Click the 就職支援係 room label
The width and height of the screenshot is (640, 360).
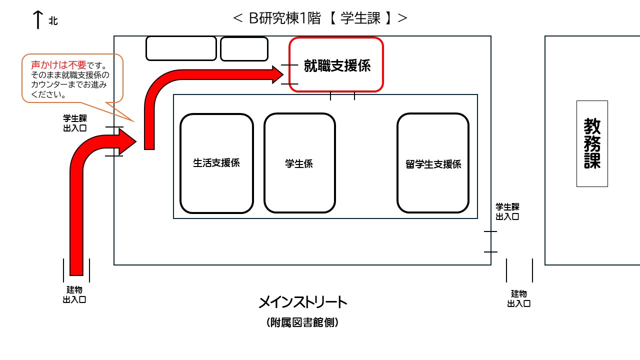click(x=336, y=65)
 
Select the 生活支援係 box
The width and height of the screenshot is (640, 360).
click(x=216, y=163)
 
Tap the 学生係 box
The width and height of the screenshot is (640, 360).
click(x=299, y=163)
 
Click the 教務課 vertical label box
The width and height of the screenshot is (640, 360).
click(x=592, y=143)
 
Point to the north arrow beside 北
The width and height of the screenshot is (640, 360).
click(x=37, y=19)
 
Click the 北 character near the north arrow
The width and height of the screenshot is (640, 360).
click(x=53, y=21)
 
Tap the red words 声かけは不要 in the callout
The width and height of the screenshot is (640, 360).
click(x=58, y=65)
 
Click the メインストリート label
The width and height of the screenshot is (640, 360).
click(x=303, y=302)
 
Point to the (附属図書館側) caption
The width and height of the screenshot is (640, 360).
click(x=303, y=323)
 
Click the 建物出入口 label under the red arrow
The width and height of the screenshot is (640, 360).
click(x=74, y=294)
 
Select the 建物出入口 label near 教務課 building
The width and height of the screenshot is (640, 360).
click(x=519, y=298)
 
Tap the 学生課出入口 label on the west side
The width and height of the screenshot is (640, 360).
click(x=74, y=123)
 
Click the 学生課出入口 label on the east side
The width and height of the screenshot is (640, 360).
click(x=507, y=211)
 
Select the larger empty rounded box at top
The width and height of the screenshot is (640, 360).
click(x=181, y=48)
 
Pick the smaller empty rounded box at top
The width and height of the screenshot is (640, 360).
click(x=244, y=48)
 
